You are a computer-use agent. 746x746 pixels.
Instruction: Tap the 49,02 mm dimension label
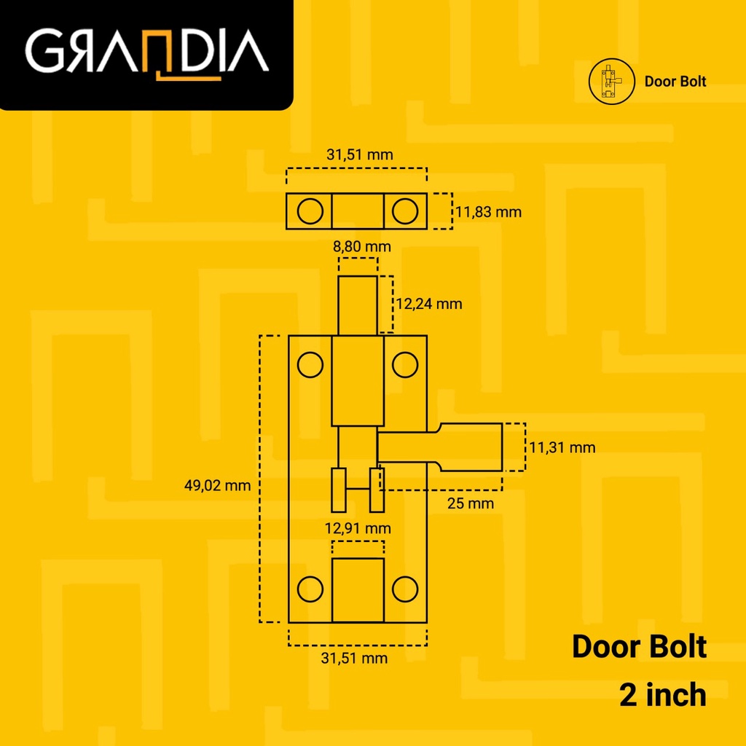(x=217, y=484)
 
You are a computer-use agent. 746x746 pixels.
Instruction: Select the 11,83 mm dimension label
(x=488, y=212)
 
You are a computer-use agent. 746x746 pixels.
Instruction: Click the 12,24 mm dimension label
(x=428, y=303)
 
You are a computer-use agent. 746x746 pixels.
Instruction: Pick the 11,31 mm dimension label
(x=562, y=447)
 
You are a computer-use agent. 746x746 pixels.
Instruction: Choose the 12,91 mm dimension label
(x=357, y=527)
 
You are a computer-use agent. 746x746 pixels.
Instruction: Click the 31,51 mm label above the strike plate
(x=359, y=154)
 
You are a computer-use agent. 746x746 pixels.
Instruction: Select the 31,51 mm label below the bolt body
(x=354, y=659)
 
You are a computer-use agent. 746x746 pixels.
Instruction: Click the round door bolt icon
(x=608, y=82)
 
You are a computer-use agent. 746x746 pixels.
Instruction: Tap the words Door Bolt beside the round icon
(x=675, y=82)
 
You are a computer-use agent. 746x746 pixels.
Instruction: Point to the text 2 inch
(x=662, y=694)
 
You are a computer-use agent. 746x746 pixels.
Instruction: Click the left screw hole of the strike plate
(x=310, y=211)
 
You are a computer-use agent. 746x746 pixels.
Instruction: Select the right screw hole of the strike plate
(x=404, y=211)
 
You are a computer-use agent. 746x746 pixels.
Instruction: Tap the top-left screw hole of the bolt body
(x=310, y=364)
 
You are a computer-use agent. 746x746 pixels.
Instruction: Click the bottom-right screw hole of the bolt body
(x=405, y=587)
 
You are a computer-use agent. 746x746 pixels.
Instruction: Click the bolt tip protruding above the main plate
(x=358, y=305)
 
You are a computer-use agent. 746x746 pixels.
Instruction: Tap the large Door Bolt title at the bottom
(x=639, y=646)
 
